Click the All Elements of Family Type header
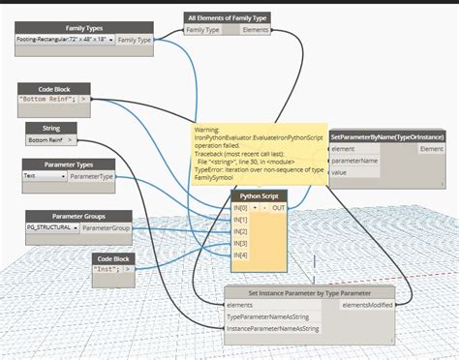tap(227, 17)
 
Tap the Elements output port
tap(256, 31)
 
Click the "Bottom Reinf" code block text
tap(48, 99)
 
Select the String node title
tap(51, 127)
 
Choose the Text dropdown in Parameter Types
tap(44, 176)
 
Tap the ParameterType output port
tap(92, 176)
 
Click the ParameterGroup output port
tap(107, 228)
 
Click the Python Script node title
tap(259, 195)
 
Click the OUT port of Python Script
tap(279, 208)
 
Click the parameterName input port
tap(355, 161)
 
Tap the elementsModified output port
tap(367, 305)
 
